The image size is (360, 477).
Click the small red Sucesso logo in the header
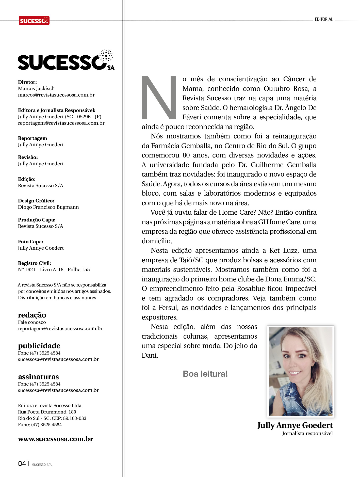34,21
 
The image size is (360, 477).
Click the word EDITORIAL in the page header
324,19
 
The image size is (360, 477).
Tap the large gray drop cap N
159,98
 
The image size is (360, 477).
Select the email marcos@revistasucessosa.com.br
56,95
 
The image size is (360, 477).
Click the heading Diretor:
27,82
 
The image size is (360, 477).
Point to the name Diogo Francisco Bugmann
48,207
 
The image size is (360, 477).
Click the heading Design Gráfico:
36,201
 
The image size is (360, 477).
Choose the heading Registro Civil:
35,263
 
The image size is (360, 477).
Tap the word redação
32,315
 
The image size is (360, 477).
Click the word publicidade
39,346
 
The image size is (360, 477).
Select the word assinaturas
38,377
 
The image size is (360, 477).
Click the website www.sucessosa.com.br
55,439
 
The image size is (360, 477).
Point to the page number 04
22,464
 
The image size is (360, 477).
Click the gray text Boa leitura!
205,374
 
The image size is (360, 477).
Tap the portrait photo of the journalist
301,371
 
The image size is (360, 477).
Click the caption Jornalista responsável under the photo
307,434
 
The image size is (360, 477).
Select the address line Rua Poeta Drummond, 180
47,412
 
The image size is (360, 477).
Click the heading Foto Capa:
30,242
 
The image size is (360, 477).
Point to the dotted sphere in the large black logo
106,56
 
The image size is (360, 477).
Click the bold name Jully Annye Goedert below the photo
295,425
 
